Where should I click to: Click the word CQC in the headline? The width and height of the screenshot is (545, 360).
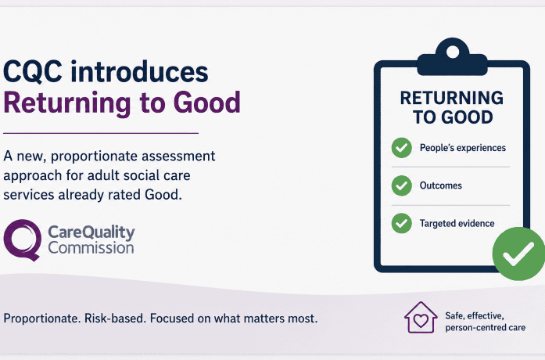[33, 72]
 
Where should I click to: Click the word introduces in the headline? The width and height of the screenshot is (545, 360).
[139, 71]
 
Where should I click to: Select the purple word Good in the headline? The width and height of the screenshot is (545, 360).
[206, 103]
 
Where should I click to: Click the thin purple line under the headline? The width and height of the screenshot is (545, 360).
[101, 133]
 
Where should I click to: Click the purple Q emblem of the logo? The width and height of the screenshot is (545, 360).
[22, 239]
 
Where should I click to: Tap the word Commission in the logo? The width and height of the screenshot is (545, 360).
[91, 248]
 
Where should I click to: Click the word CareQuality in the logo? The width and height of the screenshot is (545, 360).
[91, 232]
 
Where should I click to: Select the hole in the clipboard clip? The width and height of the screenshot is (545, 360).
[452, 52]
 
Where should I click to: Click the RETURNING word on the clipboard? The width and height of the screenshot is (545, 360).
[451, 98]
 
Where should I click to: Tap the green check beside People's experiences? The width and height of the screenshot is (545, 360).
[401, 148]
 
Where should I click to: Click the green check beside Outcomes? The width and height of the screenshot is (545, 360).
[401, 185]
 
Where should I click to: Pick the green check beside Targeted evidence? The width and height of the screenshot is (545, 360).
[401, 223]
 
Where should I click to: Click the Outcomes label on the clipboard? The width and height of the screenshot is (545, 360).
[441, 185]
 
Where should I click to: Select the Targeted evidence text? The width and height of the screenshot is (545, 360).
[457, 223]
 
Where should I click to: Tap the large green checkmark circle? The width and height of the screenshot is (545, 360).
[518, 254]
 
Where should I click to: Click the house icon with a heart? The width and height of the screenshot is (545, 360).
[421, 317]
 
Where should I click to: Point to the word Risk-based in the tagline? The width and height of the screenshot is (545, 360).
[116, 319]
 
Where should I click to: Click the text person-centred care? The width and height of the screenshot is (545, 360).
[486, 328]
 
